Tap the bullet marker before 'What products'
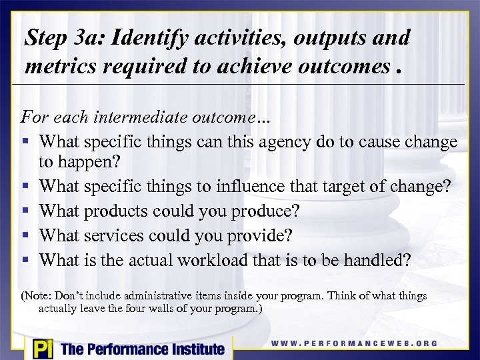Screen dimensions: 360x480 25,211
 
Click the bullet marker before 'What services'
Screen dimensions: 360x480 25,235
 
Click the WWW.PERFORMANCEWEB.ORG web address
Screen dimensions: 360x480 354,344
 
